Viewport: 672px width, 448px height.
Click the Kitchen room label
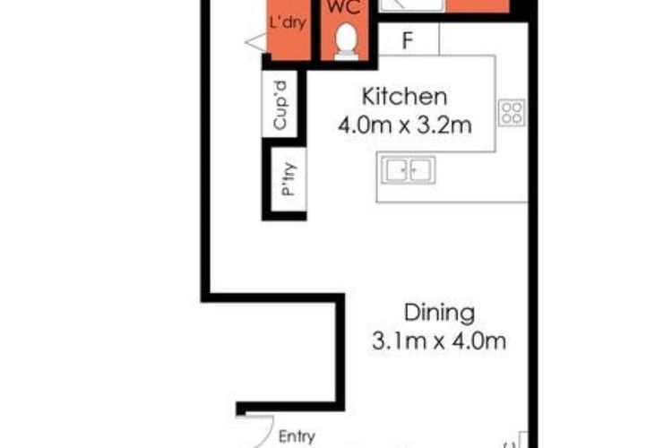(403, 96)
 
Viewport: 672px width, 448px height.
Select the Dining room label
(438, 313)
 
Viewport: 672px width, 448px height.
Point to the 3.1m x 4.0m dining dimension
(438, 341)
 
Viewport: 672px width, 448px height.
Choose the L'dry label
(288, 24)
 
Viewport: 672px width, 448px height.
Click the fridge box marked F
(409, 39)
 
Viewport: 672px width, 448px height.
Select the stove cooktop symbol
(512, 111)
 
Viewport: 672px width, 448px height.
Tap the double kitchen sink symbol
(404, 168)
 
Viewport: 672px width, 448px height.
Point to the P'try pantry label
(288, 185)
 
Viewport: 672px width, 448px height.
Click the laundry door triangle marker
(254, 39)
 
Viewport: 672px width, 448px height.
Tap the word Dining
(438, 313)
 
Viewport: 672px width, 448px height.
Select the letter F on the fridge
(408, 39)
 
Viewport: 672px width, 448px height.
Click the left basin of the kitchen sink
(394, 168)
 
